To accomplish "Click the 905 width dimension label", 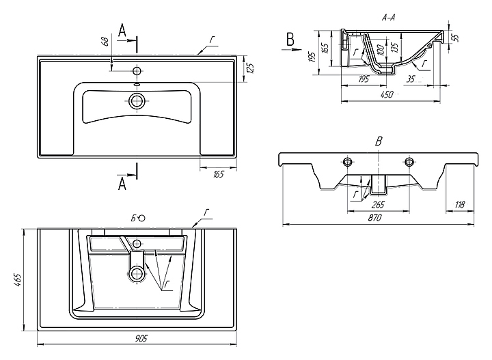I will point(141,340).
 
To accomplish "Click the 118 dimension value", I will point(460,204).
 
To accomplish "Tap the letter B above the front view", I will point(378,141).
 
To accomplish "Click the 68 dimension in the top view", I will point(105,40).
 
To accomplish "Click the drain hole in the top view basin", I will point(137,101).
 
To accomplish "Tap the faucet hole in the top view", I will point(137,70).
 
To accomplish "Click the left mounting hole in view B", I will point(348,162).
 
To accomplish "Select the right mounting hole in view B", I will point(409,162).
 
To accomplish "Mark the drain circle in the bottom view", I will point(137,275).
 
